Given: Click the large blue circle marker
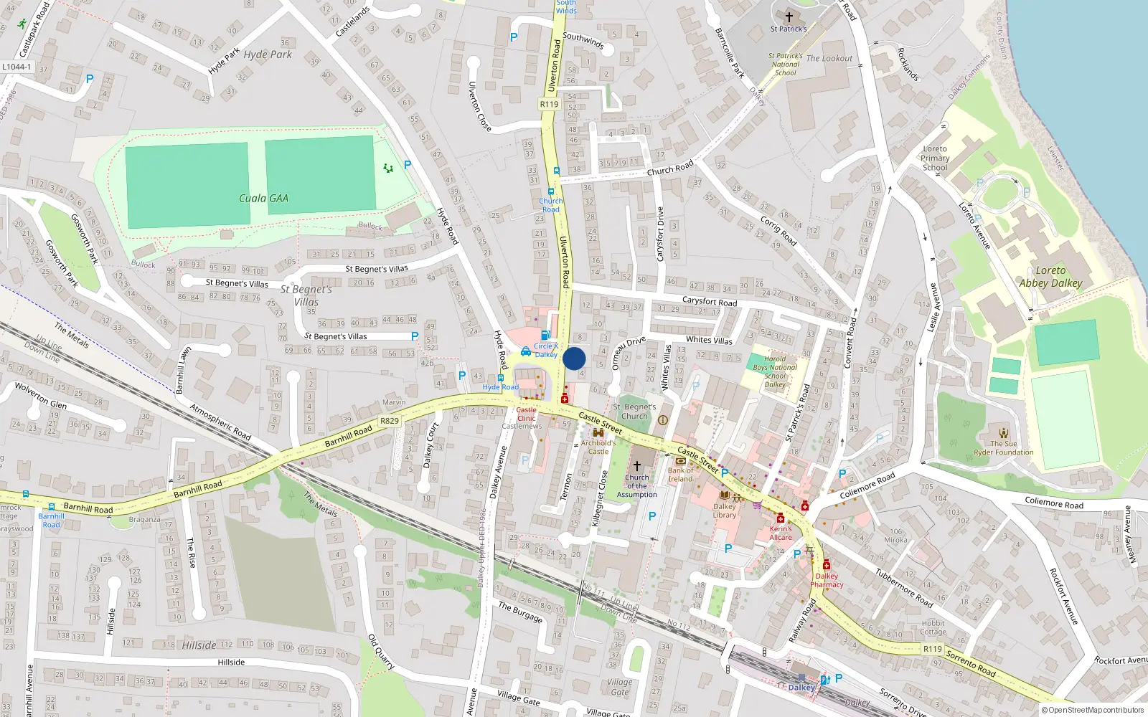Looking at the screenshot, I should click(574, 358).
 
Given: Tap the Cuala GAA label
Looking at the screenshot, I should click(263, 199).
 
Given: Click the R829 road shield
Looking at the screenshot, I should click(390, 421).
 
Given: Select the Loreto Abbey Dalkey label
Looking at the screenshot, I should click(1050, 277).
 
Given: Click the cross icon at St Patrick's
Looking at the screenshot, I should click(789, 17).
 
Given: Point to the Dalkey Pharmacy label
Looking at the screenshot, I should click(827, 580).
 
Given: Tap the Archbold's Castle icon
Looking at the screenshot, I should click(598, 433).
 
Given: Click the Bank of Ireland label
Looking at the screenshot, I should click(681, 475).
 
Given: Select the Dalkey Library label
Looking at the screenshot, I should click(725, 511).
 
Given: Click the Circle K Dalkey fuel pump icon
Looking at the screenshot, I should click(545, 335).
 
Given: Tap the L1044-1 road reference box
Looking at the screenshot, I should click(17, 67).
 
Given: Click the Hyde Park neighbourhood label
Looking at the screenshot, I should click(268, 54).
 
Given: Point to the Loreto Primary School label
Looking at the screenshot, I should click(935, 158).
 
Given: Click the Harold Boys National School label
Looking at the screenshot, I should click(775, 371).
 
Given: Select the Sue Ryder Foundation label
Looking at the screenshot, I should click(1004, 448).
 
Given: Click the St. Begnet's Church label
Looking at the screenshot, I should click(634, 412).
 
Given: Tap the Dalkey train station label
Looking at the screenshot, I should click(801, 687).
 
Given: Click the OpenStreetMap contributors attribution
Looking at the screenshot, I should click(1093, 710).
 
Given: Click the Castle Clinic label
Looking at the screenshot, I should click(526, 414).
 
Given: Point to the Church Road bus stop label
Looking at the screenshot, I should click(550, 205).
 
